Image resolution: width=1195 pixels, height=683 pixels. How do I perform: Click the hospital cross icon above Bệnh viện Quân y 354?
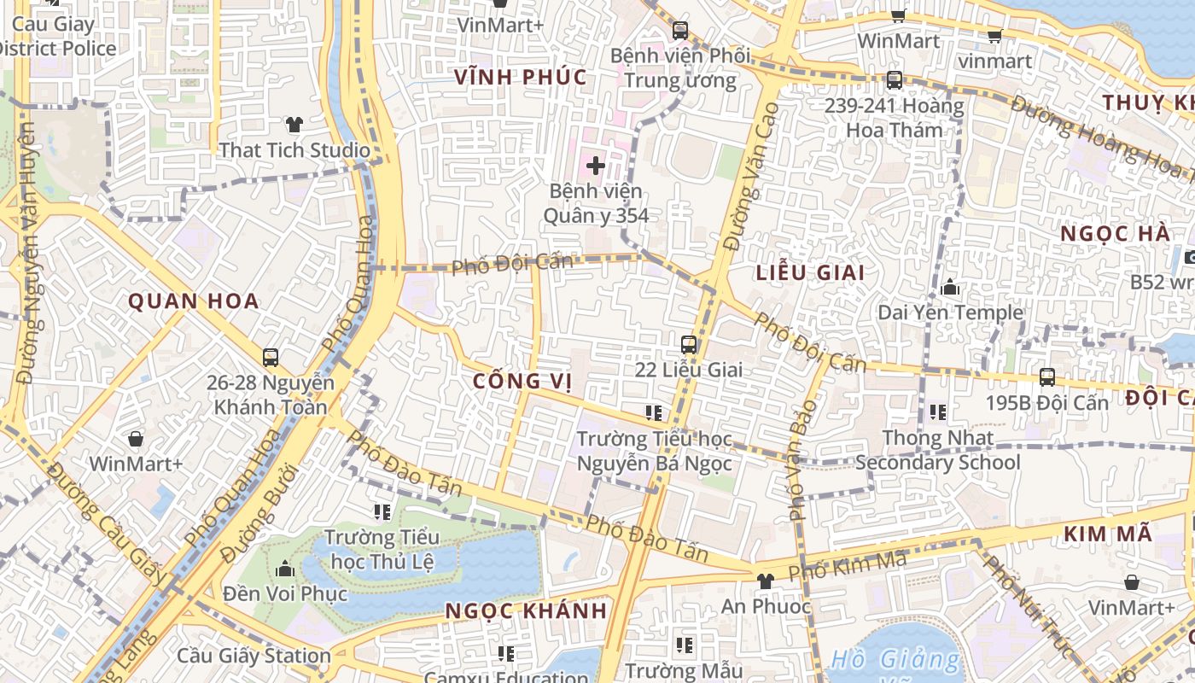pyautogui.click(x=596, y=165)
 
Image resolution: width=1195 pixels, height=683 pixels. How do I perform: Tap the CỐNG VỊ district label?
pyautogui.click(x=522, y=381)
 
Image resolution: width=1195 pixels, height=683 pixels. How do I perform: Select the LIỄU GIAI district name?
pyautogui.click(x=810, y=273)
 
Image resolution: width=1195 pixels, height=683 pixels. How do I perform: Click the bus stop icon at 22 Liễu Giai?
pyautogui.click(x=689, y=345)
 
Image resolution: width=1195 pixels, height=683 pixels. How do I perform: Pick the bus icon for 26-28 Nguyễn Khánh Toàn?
pyautogui.click(x=271, y=358)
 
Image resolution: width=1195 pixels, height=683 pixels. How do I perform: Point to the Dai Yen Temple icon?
pyautogui.click(x=950, y=288)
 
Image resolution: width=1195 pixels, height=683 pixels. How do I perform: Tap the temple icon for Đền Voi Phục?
pyautogui.click(x=285, y=569)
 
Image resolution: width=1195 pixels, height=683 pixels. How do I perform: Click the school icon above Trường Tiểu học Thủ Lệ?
pyautogui.click(x=382, y=512)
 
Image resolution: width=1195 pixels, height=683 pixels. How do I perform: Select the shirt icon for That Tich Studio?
pyautogui.click(x=294, y=125)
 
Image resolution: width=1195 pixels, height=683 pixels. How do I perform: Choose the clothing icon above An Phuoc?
pyautogui.click(x=765, y=581)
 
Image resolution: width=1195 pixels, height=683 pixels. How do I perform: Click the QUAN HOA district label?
pyautogui.click(x=194, y=301)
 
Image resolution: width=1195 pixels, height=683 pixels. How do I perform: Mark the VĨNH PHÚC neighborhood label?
pyautogui.click(x=521, y=78)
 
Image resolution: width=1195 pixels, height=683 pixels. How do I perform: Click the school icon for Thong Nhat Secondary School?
pyautogui.click(x=938, y=413)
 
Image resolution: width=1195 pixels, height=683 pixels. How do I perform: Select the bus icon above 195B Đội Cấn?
pyautogui.click(x=1047, y=377)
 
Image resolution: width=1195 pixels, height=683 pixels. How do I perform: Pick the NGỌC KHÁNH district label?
pyautogui.click(x=526, y=611)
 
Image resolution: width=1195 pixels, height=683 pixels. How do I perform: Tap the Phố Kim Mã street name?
pyautogui.click(x=847, y=565)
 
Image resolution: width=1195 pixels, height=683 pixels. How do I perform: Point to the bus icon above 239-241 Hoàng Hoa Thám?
pyautogui.click(x=894, y=80)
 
